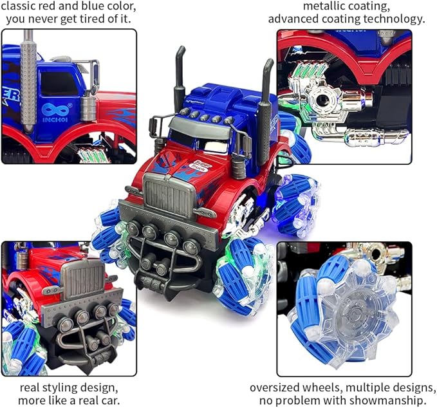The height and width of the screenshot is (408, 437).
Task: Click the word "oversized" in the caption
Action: click(x=275, y=388)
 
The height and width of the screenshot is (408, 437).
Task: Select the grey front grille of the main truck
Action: click(x=169, y=193)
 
